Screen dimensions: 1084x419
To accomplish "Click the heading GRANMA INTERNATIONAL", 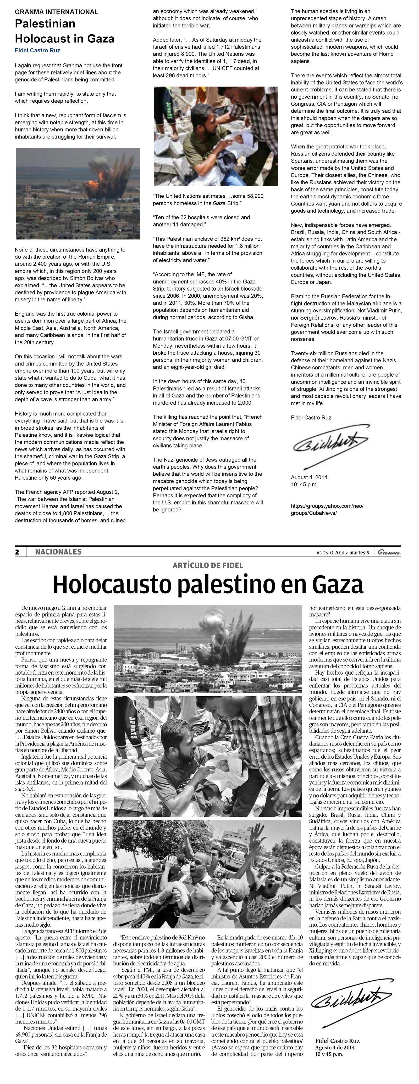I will tap(56, 12).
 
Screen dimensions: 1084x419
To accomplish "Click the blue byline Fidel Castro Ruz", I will tap(37, 51).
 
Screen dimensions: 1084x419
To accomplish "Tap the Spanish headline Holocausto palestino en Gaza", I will tap(208, 585).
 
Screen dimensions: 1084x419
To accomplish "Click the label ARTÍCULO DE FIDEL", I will tap(208, 565).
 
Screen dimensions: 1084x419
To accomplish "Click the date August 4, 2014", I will tap(309, 477).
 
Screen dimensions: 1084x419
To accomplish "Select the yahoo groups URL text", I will tap(327, 509).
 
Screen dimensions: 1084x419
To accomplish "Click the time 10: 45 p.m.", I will tap(305, 484).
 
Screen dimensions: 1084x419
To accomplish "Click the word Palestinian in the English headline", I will tap(45, 24).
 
